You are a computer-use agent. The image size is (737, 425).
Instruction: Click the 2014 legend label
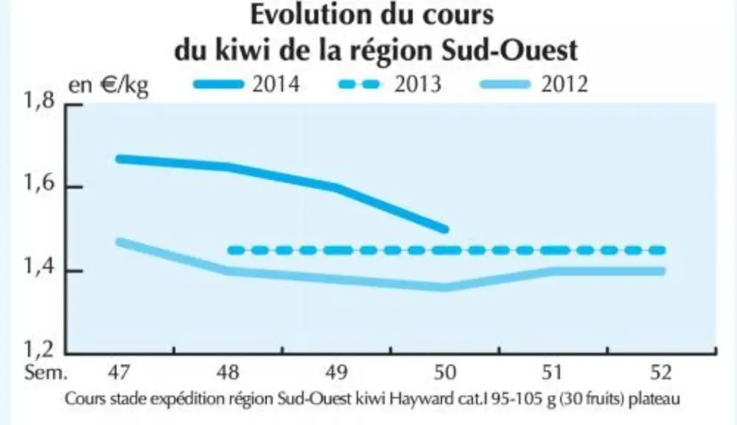click(276, 85)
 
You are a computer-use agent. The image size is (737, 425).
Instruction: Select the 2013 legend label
click(418, 85)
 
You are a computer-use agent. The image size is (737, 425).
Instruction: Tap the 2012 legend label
click(565, 85)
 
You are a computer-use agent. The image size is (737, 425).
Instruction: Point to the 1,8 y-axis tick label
click(40, 102)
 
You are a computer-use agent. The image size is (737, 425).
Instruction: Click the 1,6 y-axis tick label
click(40, 184)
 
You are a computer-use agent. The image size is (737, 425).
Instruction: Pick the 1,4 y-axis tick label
click(40, 267)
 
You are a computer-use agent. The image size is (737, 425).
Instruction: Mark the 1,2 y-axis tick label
click(40, 350)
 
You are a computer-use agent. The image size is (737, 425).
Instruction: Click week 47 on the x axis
click(119, 373)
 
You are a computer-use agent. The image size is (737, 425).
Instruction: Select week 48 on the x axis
click(228, 373)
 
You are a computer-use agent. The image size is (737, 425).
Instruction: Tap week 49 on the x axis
click(337, 373)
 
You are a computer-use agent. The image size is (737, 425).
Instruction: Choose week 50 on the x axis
click(444, 373)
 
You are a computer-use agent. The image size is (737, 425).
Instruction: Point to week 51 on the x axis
click(552, 373)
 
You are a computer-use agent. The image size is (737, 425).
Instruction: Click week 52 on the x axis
click(661, 373)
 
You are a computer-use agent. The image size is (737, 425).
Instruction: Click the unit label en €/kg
click(108, 86)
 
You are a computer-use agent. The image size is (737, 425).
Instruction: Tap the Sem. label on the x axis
click(46, 373)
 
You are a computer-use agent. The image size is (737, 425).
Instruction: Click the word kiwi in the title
click(242, 50)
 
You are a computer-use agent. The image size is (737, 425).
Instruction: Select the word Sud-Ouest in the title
click(509, 50)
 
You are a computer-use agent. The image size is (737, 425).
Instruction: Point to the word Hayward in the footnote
click(426, 399)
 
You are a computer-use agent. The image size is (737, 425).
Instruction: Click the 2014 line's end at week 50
click(446, 229)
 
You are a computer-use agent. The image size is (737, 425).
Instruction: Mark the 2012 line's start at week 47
click(119, 242)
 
